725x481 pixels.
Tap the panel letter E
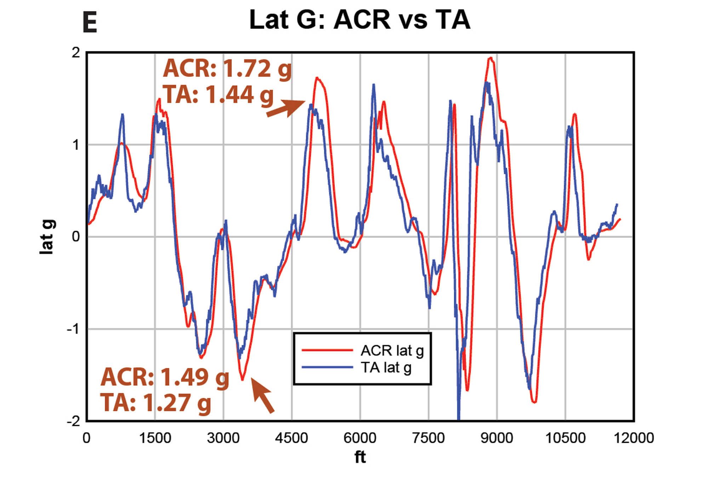tap(90, 22)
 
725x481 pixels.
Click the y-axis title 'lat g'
tap(48, 237)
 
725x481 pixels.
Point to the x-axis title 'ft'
tap(360, 457)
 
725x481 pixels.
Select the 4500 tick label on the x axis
tap(291, 438)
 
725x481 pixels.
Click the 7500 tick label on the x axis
tap(428, 438)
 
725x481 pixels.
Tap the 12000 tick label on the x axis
tap(633, 438)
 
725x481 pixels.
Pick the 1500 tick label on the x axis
tap(155, 438)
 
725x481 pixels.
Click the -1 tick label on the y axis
tap(74, 329)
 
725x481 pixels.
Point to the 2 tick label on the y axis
tap(76, 53)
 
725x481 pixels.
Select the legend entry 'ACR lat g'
tap(392, 350)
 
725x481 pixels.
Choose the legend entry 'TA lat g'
tap(386, 367)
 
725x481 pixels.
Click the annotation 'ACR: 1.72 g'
tap(227, 69)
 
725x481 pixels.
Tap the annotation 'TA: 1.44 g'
tap(218, 94)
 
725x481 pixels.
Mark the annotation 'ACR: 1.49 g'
tap(165, 377)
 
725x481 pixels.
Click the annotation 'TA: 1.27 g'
tap(156, 402)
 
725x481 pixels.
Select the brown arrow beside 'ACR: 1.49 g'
tap(262, 395)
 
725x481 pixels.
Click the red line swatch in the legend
tap(327, 350)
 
